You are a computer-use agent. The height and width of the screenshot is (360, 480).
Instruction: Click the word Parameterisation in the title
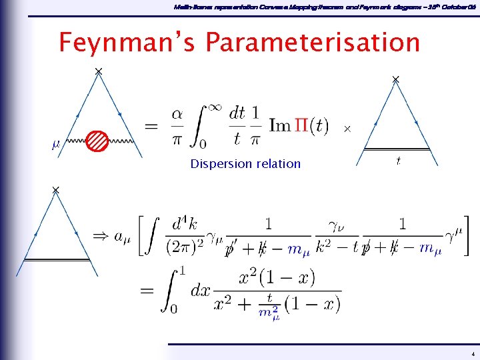coord(313,43)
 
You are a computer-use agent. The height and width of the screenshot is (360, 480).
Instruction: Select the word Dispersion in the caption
coord(220,163)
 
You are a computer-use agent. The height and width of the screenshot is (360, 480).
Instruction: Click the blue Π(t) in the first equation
coord(309,126)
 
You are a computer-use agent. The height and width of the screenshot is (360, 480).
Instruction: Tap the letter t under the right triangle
coord(398,161)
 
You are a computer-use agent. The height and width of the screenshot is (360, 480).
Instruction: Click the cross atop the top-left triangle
coord(98,71)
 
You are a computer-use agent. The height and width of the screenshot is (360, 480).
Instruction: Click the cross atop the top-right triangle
coord(395,79)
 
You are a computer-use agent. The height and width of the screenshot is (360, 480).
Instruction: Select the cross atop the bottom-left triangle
coord(55,191)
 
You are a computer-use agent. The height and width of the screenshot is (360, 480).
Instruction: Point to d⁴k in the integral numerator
coord(185,223)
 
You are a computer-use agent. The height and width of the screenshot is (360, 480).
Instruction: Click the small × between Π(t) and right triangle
coord(347,128)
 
